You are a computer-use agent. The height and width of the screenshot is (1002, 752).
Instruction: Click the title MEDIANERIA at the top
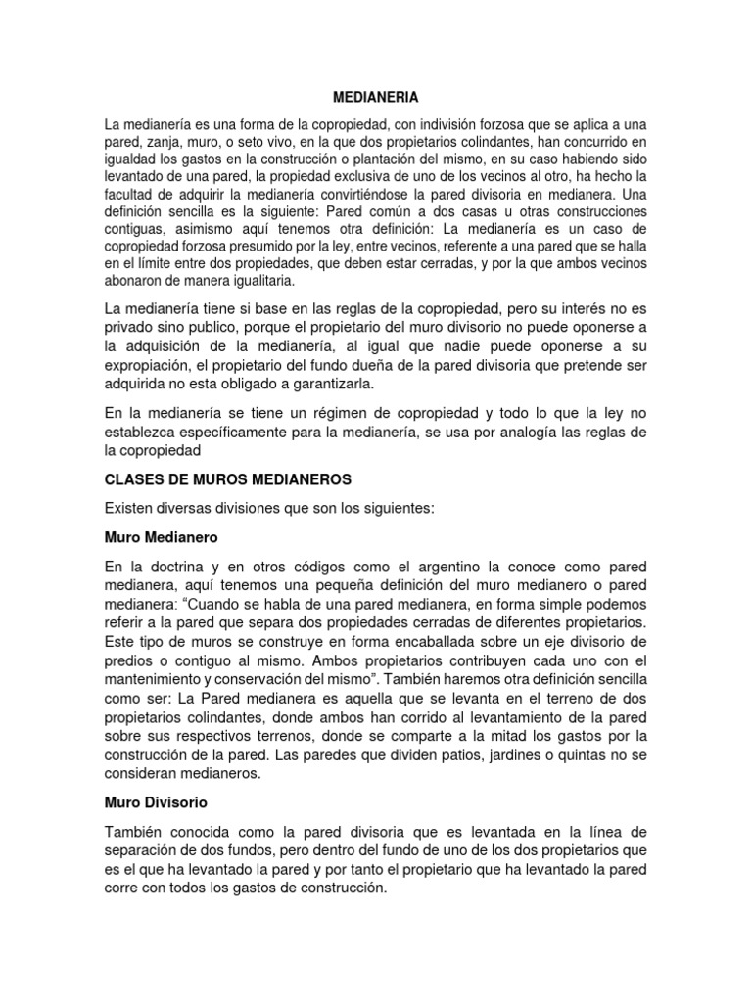pyautogui.click(x=376, y=98)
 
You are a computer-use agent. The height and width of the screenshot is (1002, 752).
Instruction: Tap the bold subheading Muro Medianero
pyautogui.click(x=161, y=537)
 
